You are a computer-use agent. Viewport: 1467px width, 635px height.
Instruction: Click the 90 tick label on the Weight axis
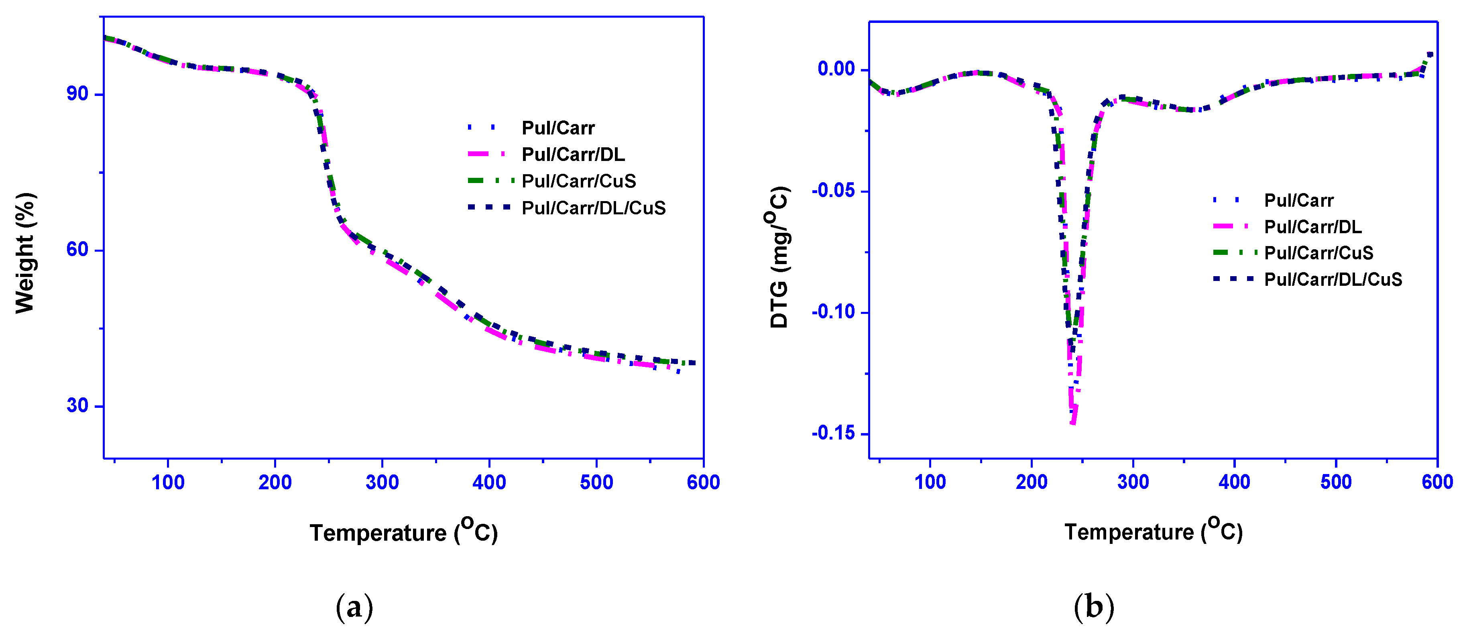tap(77, 94)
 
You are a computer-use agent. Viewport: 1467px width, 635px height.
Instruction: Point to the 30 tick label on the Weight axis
tap(77, 406)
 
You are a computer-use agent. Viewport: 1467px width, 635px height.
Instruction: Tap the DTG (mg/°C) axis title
tap(779, 257)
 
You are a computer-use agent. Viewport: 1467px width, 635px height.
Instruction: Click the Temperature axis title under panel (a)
tap(403, 531)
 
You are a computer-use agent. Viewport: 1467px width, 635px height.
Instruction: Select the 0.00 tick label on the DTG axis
tap(836, 69)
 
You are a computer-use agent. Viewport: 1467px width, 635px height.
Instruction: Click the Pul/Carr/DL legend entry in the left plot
tap(573, 155)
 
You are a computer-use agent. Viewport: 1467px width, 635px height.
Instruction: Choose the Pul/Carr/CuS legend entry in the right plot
tap(1318, 253)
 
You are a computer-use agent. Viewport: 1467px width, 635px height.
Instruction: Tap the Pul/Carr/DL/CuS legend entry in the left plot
tap(593, 208)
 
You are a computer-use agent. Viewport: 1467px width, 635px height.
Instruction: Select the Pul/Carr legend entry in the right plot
tap(1298, 200)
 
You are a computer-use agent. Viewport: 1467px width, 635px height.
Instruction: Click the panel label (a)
tap(354, 607)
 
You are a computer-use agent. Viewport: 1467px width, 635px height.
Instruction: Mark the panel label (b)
tap(1093, 607)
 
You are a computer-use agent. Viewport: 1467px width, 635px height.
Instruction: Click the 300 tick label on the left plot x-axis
tap(382, 483)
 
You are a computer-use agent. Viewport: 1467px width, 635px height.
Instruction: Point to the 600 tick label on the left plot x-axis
tap(703, 483)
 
